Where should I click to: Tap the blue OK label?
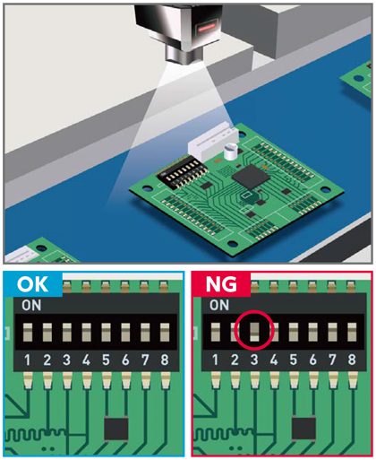tap(32, 284)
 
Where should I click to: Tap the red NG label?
tap(221, 284)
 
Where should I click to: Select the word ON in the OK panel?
tap(31, 306)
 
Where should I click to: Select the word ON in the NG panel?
tap(219, 306)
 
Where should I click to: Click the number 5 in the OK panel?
tap(106, 360)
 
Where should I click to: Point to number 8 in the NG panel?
tap(352, 360)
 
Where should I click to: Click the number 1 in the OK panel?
tap(28, 360)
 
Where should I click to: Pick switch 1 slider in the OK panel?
tap(28, 332)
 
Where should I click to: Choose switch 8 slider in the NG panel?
tap(352, 332)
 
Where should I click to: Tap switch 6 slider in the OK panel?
tap(125, 332)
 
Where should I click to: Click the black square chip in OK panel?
tap(116, 430)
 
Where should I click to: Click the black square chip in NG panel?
tap(303, 429)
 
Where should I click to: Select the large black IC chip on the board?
tap(251, 177)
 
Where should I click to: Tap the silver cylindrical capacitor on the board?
tap(230, 152)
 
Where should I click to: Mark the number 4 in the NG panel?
tap(274, 360)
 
